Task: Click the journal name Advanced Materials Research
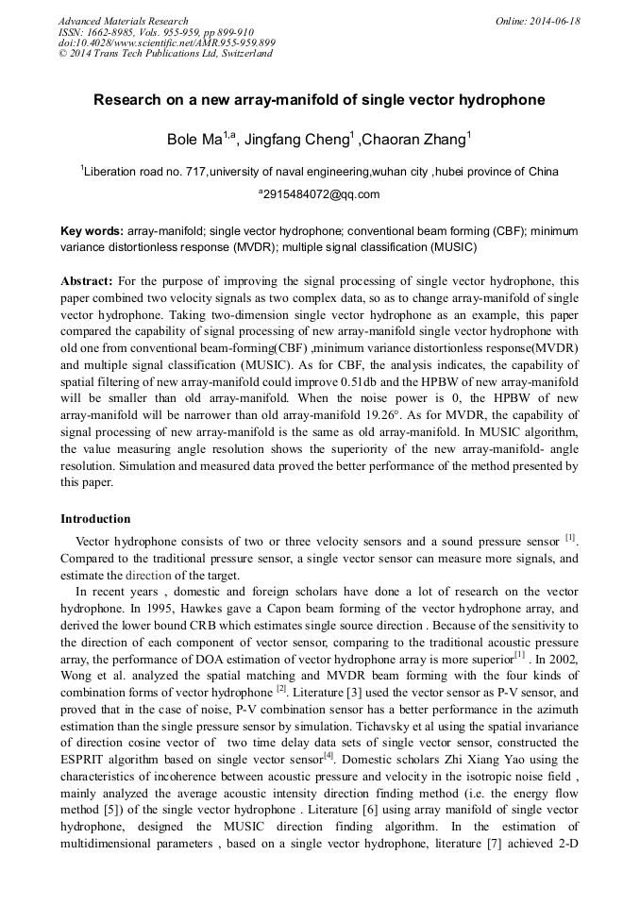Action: [124, 21]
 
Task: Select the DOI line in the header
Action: [167, 42]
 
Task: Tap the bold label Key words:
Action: [92, 231]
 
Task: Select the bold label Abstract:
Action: [88, 281]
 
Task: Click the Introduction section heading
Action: [95, 519]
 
